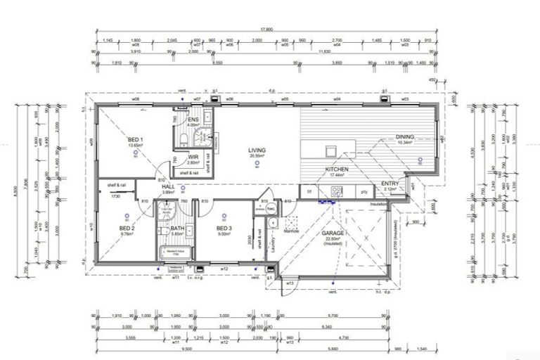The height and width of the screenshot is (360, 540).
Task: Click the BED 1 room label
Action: pos(136,141)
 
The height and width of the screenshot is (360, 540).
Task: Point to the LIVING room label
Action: pos(256,150)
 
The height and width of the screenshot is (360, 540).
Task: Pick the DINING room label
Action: pos(404,137)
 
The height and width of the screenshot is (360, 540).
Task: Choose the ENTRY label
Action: pos(390,184)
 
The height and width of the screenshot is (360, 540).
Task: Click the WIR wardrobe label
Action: pos(192,158)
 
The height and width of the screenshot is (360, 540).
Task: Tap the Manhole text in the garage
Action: pos(292,229)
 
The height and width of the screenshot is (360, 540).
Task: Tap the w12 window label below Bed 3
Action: pos(224,269)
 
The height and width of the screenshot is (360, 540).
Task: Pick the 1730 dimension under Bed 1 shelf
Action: pos(114,196)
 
